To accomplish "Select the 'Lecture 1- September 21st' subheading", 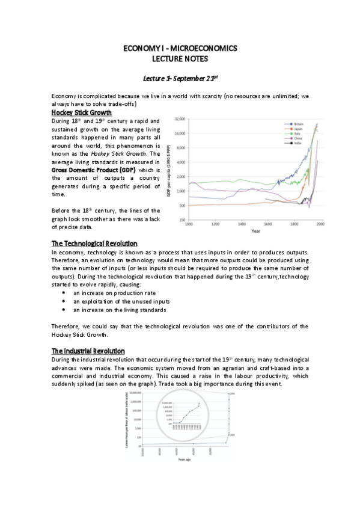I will [180, 78].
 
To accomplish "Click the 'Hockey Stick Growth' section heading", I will [81, 112].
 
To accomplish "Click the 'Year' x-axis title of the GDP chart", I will [255, 230].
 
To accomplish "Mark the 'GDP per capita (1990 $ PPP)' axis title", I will [169, 170].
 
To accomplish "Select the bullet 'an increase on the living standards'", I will [120, 310].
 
